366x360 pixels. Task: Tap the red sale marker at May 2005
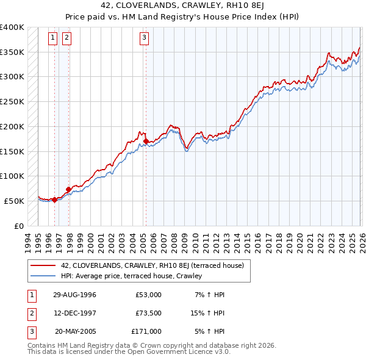[x=146, y=141]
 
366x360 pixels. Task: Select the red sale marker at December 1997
[x=68, y=189]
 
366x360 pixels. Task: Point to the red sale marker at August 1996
[x=54, y=200]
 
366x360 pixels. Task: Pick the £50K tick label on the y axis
[x=14, y=201]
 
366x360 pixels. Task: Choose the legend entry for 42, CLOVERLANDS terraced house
[x=152, y=265]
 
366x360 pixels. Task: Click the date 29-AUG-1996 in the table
[x=74, y=295]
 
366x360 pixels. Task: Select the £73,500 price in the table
[x=148, y=313]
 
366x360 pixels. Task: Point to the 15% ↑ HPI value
[x=207, y=313]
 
